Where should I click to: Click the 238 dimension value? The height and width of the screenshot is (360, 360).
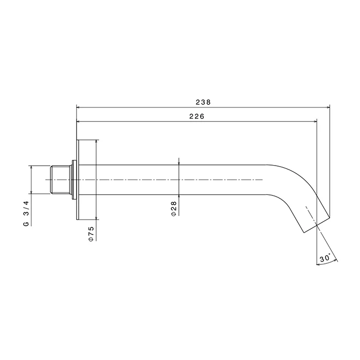pos(203,102)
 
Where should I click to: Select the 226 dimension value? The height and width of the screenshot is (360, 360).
pos(197,116)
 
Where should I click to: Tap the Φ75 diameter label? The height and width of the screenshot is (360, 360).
pos(91,233)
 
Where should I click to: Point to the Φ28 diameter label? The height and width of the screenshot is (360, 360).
pos(174,209)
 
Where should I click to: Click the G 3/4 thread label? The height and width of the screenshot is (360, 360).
pos(26,213)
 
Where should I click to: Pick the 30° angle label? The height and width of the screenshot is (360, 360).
pos(325,258)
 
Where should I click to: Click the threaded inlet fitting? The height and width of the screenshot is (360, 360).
pos(60,179)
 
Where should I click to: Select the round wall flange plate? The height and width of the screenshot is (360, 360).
pos(78,179)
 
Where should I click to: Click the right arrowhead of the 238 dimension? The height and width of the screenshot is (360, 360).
pos(328,107)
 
